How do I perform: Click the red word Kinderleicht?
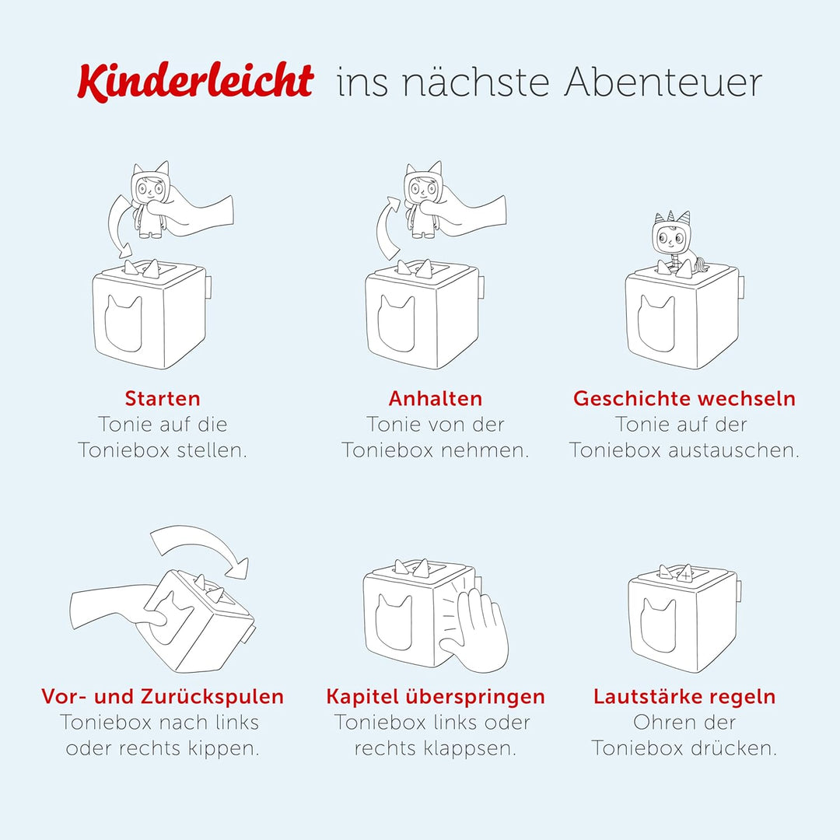point(194,81)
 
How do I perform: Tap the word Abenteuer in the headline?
point(663,82)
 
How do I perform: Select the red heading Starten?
point(163,399)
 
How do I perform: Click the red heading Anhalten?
point(436,399)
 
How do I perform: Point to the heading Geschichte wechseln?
point(684,399)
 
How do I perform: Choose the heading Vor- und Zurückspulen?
point(163,696)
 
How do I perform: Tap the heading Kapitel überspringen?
point(436,696)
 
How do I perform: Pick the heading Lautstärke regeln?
point(684,696)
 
